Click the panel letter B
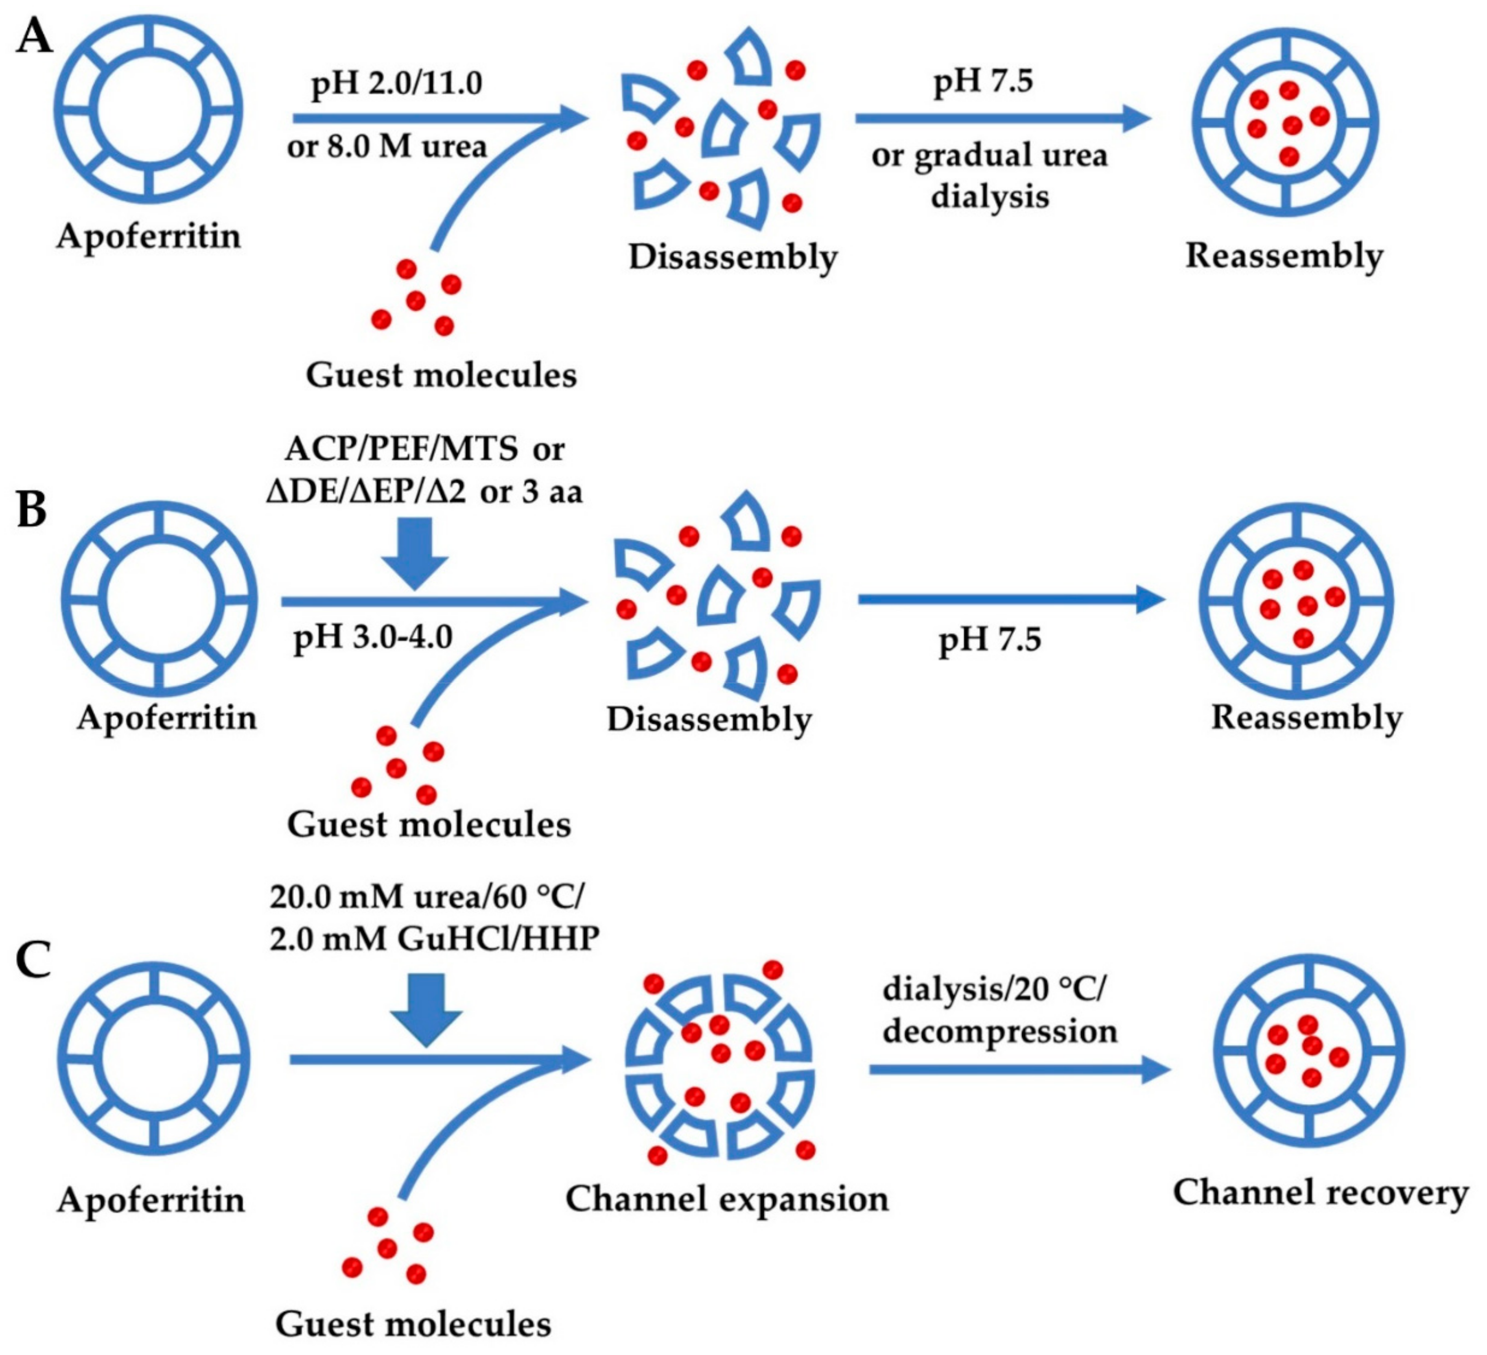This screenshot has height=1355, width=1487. point(32,510)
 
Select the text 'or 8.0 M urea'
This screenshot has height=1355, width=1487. point(387,147)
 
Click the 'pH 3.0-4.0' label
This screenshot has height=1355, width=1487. point(372,636)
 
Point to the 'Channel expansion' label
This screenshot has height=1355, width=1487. point(726,1199)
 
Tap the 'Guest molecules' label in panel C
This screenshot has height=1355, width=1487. point(413,1324)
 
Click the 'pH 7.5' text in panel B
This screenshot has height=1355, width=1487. point(989,640)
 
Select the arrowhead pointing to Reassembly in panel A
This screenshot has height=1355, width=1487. point(1136,118)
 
